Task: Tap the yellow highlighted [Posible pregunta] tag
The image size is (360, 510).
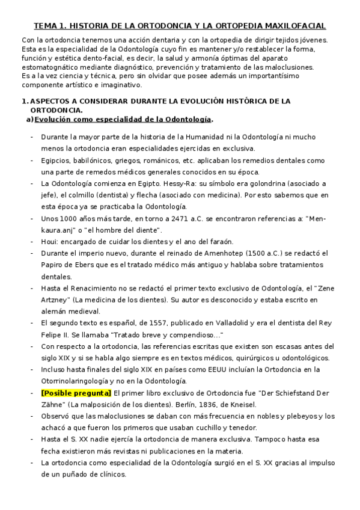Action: [x=76, y=393]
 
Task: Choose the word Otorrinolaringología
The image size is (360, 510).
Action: [x=78, y=381]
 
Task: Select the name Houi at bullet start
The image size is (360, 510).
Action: [x=49, y=242]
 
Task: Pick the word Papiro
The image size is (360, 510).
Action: [x=52, y=265]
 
